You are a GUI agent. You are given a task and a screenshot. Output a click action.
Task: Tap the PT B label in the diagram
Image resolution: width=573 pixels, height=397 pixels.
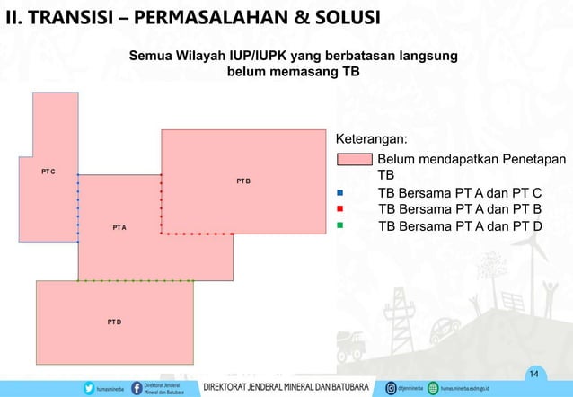[243, 181]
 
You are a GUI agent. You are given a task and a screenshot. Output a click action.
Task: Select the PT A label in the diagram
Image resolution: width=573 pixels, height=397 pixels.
[119, 228]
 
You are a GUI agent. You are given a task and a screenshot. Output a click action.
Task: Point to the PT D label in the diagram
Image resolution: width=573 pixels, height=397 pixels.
[114, 321]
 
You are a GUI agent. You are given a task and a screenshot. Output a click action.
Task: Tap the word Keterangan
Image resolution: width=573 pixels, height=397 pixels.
[371, 140]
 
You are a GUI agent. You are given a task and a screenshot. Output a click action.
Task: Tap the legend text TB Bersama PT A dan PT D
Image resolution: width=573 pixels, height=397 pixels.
[461, 225]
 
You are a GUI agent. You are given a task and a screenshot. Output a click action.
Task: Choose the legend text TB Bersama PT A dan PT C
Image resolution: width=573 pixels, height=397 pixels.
[461, 193]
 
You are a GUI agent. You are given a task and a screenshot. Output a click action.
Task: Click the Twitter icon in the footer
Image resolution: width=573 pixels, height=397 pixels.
[88, 389]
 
